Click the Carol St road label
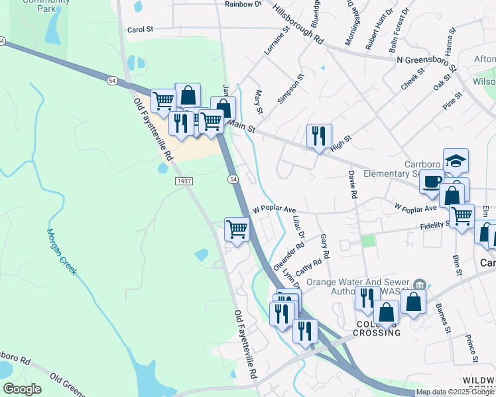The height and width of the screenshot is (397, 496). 140,30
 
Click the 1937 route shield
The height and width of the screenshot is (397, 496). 184,181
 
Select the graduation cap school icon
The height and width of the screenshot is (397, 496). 456,161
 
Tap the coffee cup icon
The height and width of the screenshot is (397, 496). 432,181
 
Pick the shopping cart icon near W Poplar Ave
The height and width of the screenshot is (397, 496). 237,230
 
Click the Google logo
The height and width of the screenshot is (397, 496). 22,389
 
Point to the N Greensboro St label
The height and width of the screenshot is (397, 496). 426,63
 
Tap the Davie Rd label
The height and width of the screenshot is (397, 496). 353,187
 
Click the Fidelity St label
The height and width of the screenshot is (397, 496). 435,224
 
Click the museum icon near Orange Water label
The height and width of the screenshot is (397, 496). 418,285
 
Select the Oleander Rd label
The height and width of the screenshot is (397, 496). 288,255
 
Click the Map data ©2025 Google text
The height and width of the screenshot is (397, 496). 455,392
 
